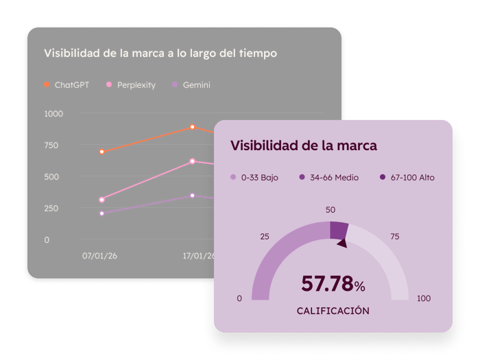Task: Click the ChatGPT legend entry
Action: click(x=67, y=85)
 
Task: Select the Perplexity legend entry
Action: click(x=131, y=85)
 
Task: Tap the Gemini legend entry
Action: click(x=191, y=85)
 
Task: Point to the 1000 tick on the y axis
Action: click(x=53, y=114)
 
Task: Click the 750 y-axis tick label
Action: click(x=52, y=145)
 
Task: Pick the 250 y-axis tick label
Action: click(x=52, y=208)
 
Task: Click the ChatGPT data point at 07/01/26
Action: click(x=102, y=152)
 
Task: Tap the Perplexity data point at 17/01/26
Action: click(x=193, y=162)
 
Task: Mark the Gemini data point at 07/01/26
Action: click(x=102, y=213)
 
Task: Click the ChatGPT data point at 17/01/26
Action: click(x=193, y=127)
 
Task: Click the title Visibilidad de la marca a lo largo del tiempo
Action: click(x=160, y=53)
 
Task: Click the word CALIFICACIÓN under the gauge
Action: click(x=333, y=311)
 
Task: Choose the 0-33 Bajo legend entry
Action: click(x=254, y=178)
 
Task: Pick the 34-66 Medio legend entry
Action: click(x=324, y=178)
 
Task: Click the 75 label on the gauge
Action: click(x=395, y=237)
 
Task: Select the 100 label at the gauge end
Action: click(x=424, y=298)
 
